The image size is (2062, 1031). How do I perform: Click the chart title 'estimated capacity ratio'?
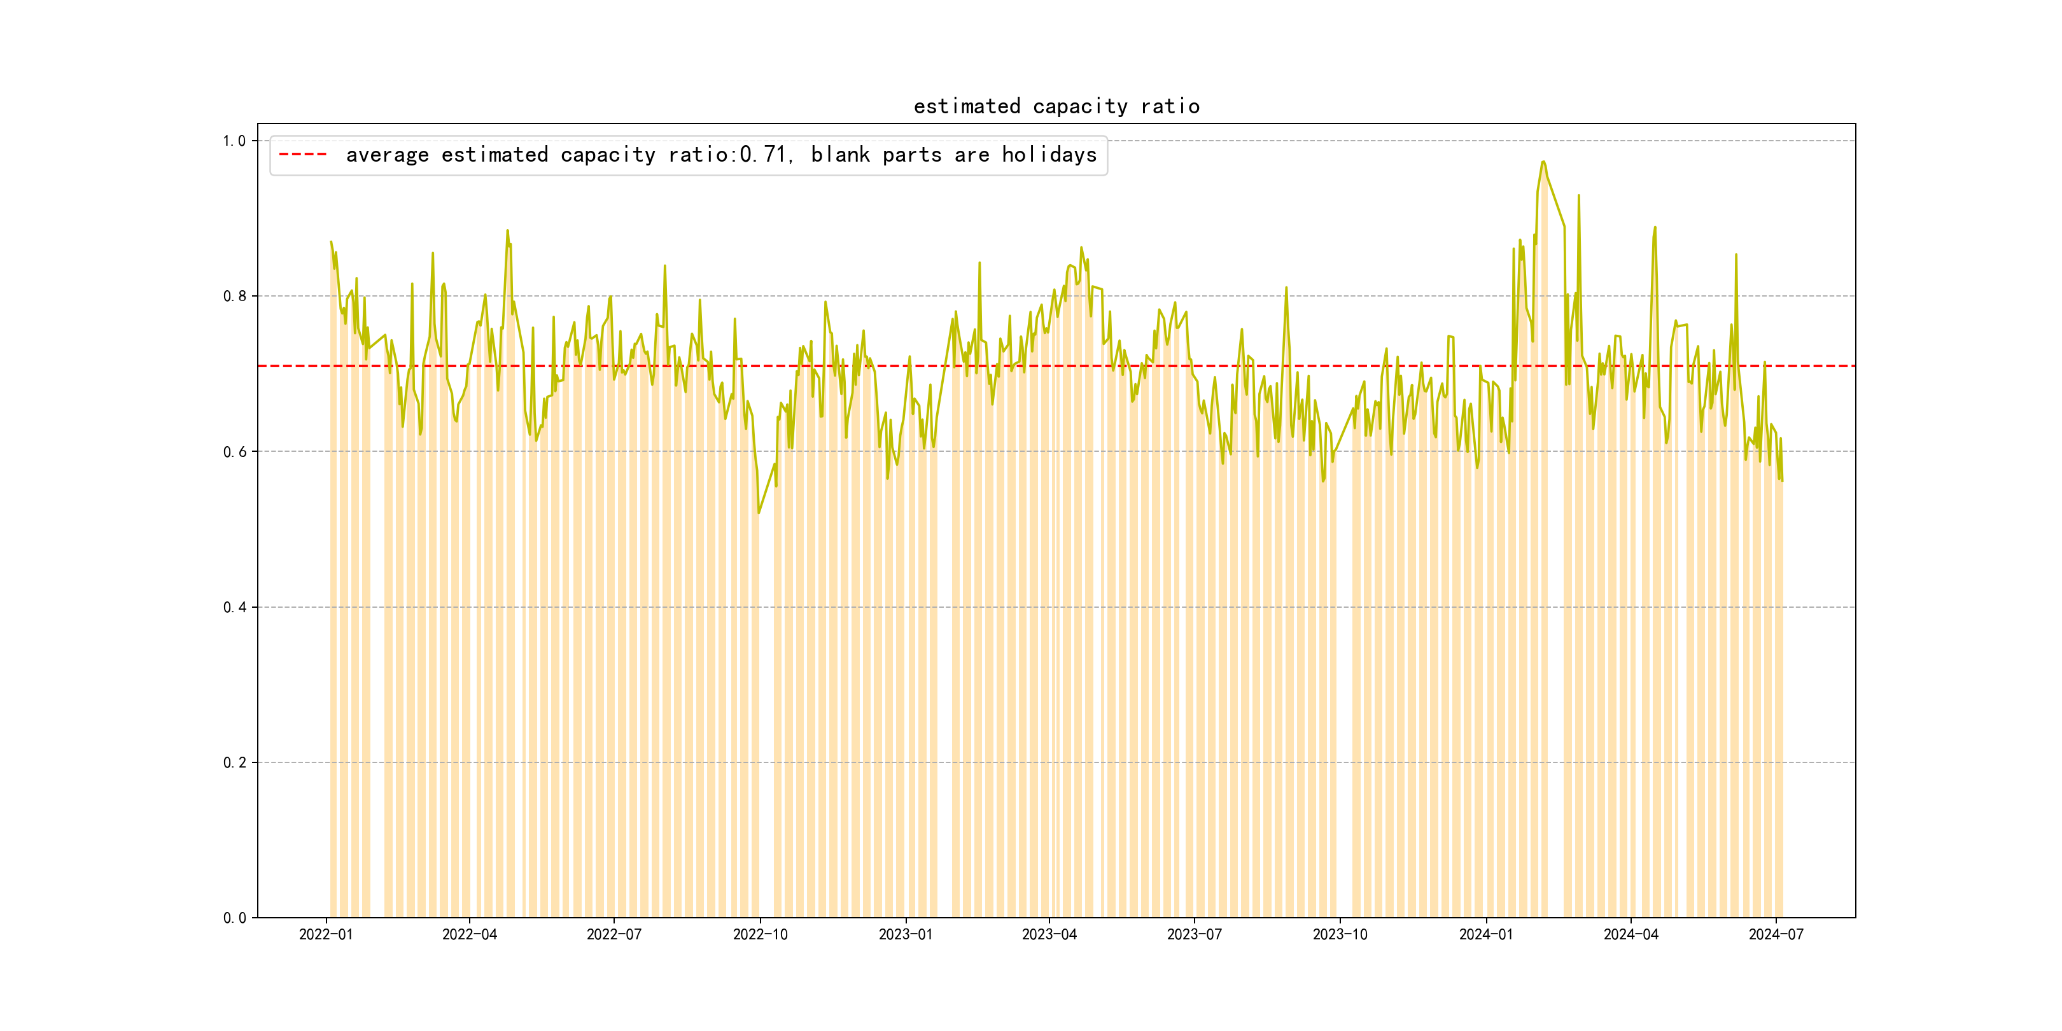tap(1056, 106)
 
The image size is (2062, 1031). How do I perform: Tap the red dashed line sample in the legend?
tap(302, 155)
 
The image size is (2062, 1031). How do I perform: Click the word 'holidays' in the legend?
tap(1049, 155)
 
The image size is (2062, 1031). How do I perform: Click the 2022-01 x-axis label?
tap(326, 935)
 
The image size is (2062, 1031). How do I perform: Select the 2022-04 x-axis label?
tap(470, 935)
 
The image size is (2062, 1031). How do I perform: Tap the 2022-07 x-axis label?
tap(614, 935)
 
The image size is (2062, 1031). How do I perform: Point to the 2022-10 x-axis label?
tap(761, 935)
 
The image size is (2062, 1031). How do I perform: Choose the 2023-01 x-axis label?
tap(906, 935)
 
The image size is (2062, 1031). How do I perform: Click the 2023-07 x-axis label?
tap(1195, 935)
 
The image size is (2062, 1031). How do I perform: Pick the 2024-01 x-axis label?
tap(1485, 935)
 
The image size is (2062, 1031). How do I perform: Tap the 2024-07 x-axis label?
tap(1776, 935)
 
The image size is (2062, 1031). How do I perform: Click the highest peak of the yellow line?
tap(1543, 162)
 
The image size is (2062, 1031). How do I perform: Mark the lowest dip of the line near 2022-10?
tap(759, 513)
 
